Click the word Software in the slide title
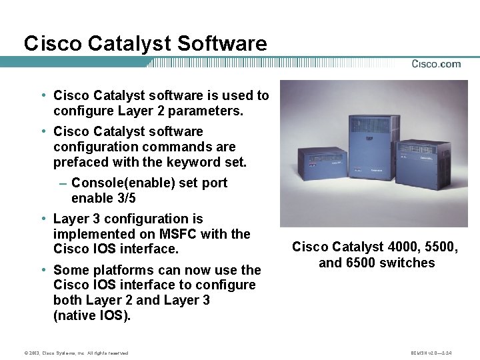[x=222, y=44]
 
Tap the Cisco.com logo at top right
[x=436, y=64]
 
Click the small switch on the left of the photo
[x=323, y=171]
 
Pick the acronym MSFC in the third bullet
[x=179, y=234]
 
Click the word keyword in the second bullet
[x=194, y=162]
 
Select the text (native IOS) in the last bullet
[x=92, y=315]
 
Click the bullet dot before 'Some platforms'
[x=43, y=270]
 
